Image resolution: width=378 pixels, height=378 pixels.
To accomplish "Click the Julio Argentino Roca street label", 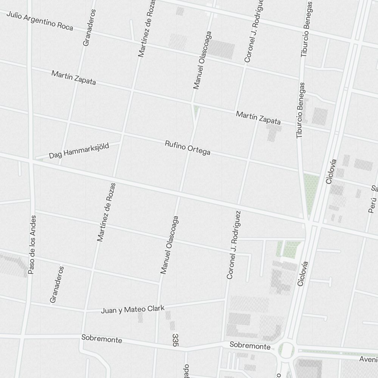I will [40, 20].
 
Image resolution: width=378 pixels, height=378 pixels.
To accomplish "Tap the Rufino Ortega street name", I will [187, 148].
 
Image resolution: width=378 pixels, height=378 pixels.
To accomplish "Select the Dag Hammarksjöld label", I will [79, 151].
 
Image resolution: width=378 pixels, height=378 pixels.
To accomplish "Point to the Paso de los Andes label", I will [33, 245].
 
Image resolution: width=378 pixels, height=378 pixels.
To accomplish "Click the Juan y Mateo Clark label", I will [133, 310].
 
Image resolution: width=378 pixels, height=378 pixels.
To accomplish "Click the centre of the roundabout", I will [287, 350].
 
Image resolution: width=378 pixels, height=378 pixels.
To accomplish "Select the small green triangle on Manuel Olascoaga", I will [196, 111].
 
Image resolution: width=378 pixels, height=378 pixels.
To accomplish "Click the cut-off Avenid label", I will [368, 358].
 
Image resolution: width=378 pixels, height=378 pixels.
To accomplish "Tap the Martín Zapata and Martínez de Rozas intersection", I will [132, 90].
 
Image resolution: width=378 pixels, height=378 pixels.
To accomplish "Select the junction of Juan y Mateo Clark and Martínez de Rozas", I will [86, 312].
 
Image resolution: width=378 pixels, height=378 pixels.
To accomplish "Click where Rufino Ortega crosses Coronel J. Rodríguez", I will [248, 161].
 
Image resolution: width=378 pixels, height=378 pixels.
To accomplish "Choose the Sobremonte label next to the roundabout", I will [250, 346].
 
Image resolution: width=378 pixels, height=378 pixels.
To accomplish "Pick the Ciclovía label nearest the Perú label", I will [331, 171].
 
